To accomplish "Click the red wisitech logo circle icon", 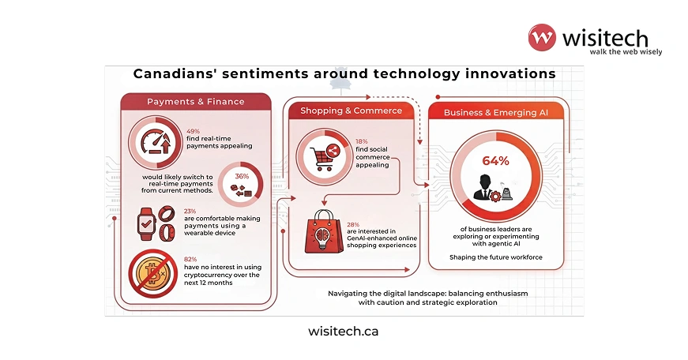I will coord(543,38).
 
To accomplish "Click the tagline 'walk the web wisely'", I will coord(625,52).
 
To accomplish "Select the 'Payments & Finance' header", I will coord(195,102).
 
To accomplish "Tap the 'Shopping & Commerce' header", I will coord(351,111).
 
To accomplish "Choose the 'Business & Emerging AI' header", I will coord(496,113).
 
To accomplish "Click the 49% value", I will coord(194,131).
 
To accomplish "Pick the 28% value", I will coord(353,224).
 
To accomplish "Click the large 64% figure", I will coord(496,160).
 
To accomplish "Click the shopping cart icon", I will coord(322,154).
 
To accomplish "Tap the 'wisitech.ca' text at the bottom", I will coord(343,331).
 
